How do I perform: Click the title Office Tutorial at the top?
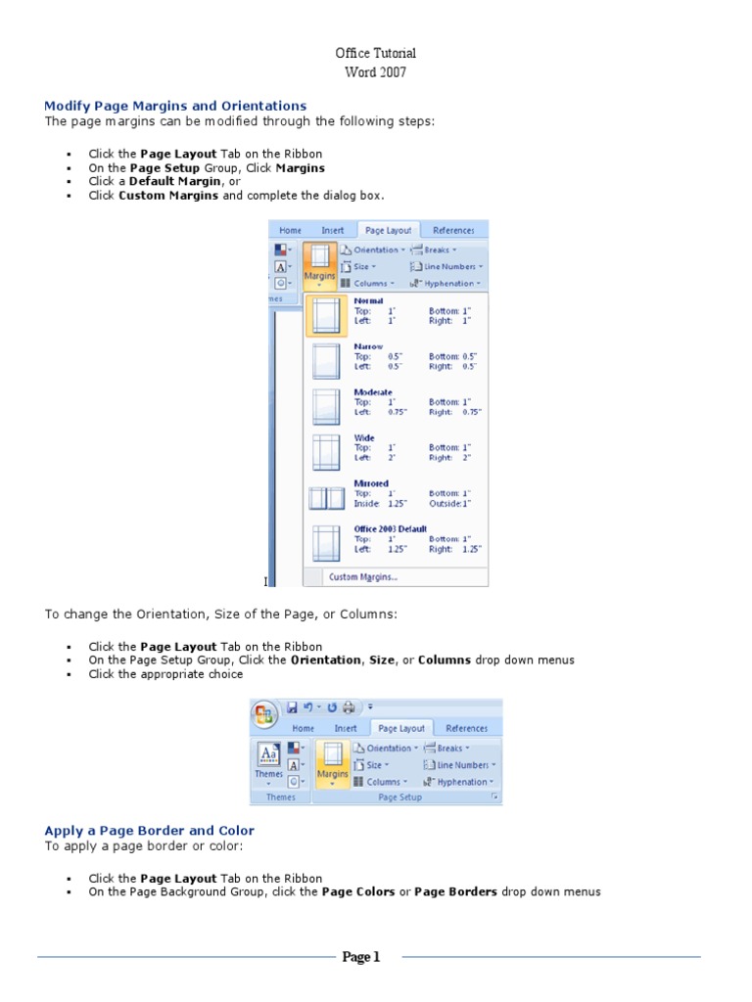pos(376,53)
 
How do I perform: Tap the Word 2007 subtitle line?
pos(376,72)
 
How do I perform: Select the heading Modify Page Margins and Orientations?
pos(175,106)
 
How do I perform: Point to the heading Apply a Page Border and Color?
pos(149,831)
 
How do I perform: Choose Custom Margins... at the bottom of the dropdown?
pos(362,577)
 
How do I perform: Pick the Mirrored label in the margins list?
pos(371,483)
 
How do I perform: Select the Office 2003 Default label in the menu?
pos(390,529)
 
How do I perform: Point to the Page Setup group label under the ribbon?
pos(399,797)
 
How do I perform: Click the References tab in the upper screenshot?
pos(453,231)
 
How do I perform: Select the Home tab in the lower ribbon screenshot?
pos(304,728)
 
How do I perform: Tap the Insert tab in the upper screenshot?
pos(333,231)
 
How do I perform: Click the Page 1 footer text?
pos(360,957)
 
